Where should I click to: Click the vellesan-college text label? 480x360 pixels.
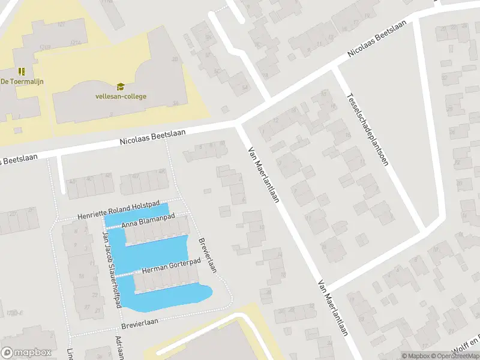(121, 96)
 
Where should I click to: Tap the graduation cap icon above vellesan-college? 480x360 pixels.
(121, 86)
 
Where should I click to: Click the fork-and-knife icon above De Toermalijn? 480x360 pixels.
(22, 71)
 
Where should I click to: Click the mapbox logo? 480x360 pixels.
(26, 353)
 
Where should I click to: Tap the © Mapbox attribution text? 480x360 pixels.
(416, 356)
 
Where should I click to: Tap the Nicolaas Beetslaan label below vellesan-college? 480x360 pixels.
(152, 137)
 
